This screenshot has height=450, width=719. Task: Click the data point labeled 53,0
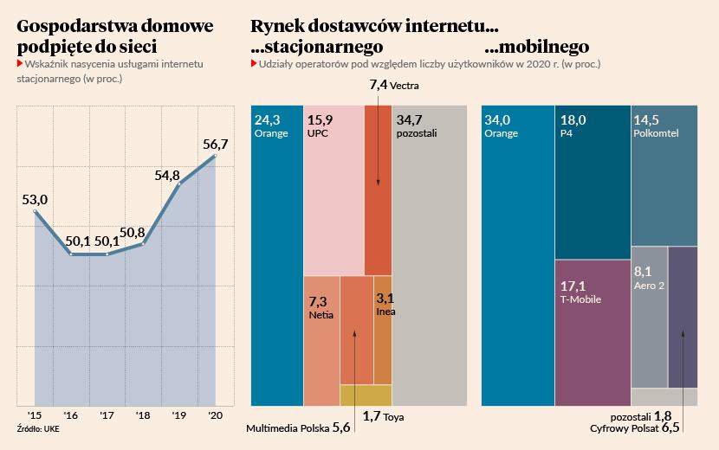tap(35, 211)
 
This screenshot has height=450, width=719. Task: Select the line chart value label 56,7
tap(215, 145)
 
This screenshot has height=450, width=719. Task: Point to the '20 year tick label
tap(215, 415)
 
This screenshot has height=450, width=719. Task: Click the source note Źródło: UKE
tap(37, 428)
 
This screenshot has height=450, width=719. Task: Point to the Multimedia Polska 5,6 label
tap(298, 428)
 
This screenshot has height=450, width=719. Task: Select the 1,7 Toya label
tap(384, 417)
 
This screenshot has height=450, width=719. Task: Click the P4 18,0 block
tap(592, 182)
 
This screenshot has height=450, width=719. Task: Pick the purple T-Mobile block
tap(592, 333)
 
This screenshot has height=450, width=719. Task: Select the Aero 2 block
tap(649, 317)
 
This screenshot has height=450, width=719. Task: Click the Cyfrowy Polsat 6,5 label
tap(636, 428)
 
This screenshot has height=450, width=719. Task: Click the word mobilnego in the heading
tap(537, 47)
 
